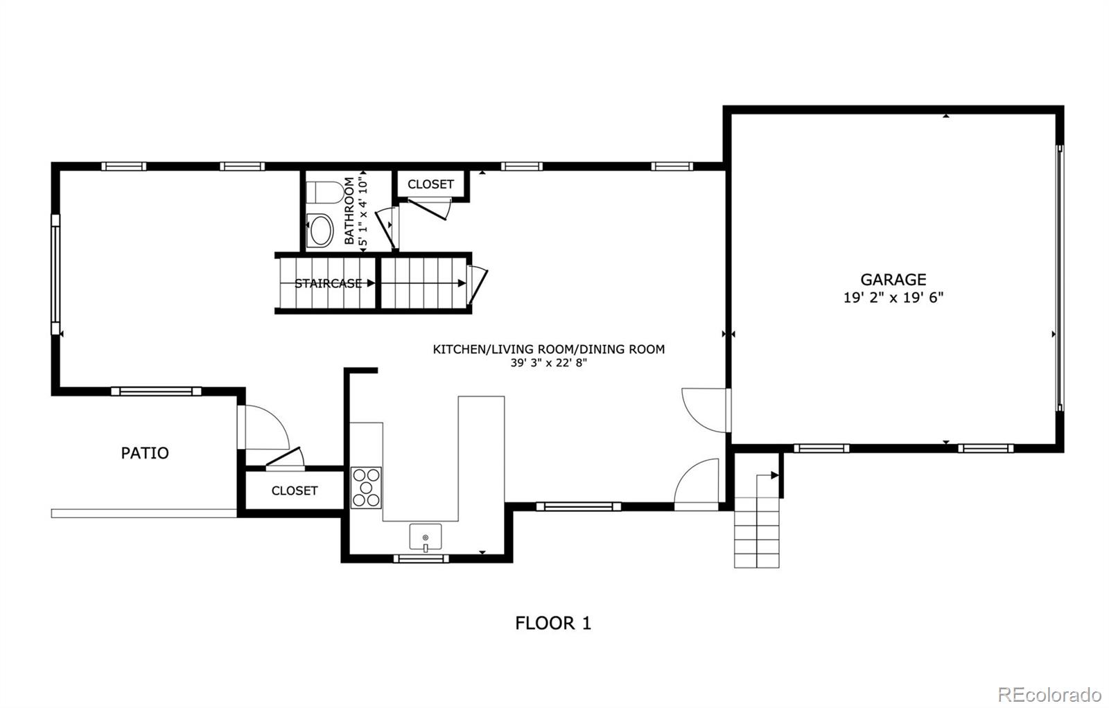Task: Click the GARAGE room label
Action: tap(893, 279)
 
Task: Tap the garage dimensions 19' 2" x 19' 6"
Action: tap(893, 298)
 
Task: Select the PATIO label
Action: tap(145, 453)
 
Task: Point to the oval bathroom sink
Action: tap(320, 231)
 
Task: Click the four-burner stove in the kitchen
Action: tap(366, 488)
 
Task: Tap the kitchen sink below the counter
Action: tap(425, 538)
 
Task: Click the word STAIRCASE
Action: tap(328, 283)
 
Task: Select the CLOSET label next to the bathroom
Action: tap(430, 184)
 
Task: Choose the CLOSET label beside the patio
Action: tap(295, 490)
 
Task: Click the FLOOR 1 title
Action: tap(552, 623)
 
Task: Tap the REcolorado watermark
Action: tap(1049, 694)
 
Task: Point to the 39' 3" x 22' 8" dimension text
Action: tap(548, 362)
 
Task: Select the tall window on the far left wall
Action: tap(55, 274)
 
